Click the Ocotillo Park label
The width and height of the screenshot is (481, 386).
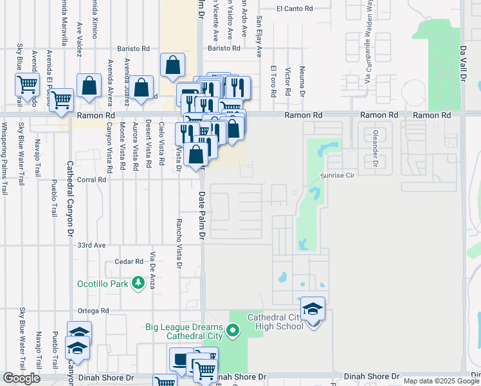pyautogui.click(x=99, y=282)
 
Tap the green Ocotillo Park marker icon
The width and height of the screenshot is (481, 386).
pyautogui.click(x=137, y=282)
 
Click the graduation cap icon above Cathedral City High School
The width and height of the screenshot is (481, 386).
pyautogui.click(x=313, y=309)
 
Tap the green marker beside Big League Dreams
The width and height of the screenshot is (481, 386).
pyautogui.click(x=233, y=332)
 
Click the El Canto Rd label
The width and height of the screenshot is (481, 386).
pyautogui.click(x=295, y=9)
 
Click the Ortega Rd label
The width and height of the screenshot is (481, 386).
pyautogui.click(x=91, y=311)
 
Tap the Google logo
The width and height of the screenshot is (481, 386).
pyautogui.click(x=21, y=378)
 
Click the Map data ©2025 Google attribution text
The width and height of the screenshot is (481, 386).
pyautogui.click(x=440, y=381)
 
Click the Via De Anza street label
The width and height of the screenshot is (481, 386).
pyautogui.click(x=153, y=270)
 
